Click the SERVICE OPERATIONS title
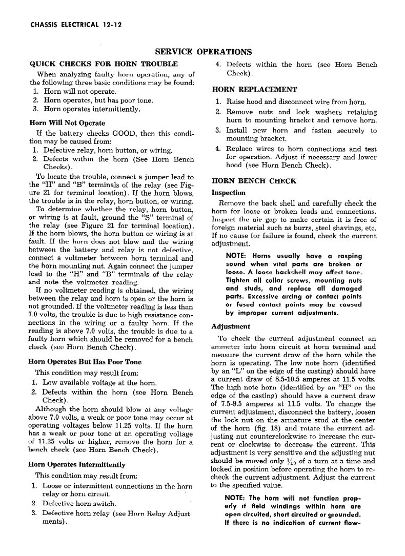[203, 52]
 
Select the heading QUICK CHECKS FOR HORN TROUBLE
[104, 64]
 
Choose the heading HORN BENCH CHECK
[247, 181]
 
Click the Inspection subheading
[228, 193]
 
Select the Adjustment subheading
[231, 326]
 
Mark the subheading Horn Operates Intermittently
[77, 465]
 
